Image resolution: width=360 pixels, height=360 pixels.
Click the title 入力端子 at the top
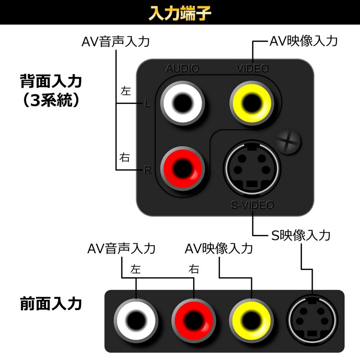click(180, 13)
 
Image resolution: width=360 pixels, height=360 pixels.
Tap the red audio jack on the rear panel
click(182, 168)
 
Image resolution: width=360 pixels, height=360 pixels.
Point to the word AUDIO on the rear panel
click(182, 69)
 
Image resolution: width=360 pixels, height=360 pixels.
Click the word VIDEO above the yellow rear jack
click(252, 69)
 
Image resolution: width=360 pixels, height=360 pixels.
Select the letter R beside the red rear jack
click(147, 170)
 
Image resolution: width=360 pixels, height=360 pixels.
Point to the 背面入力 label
click(51, 82)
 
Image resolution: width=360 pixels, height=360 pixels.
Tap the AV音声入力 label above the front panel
click(121, 248)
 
